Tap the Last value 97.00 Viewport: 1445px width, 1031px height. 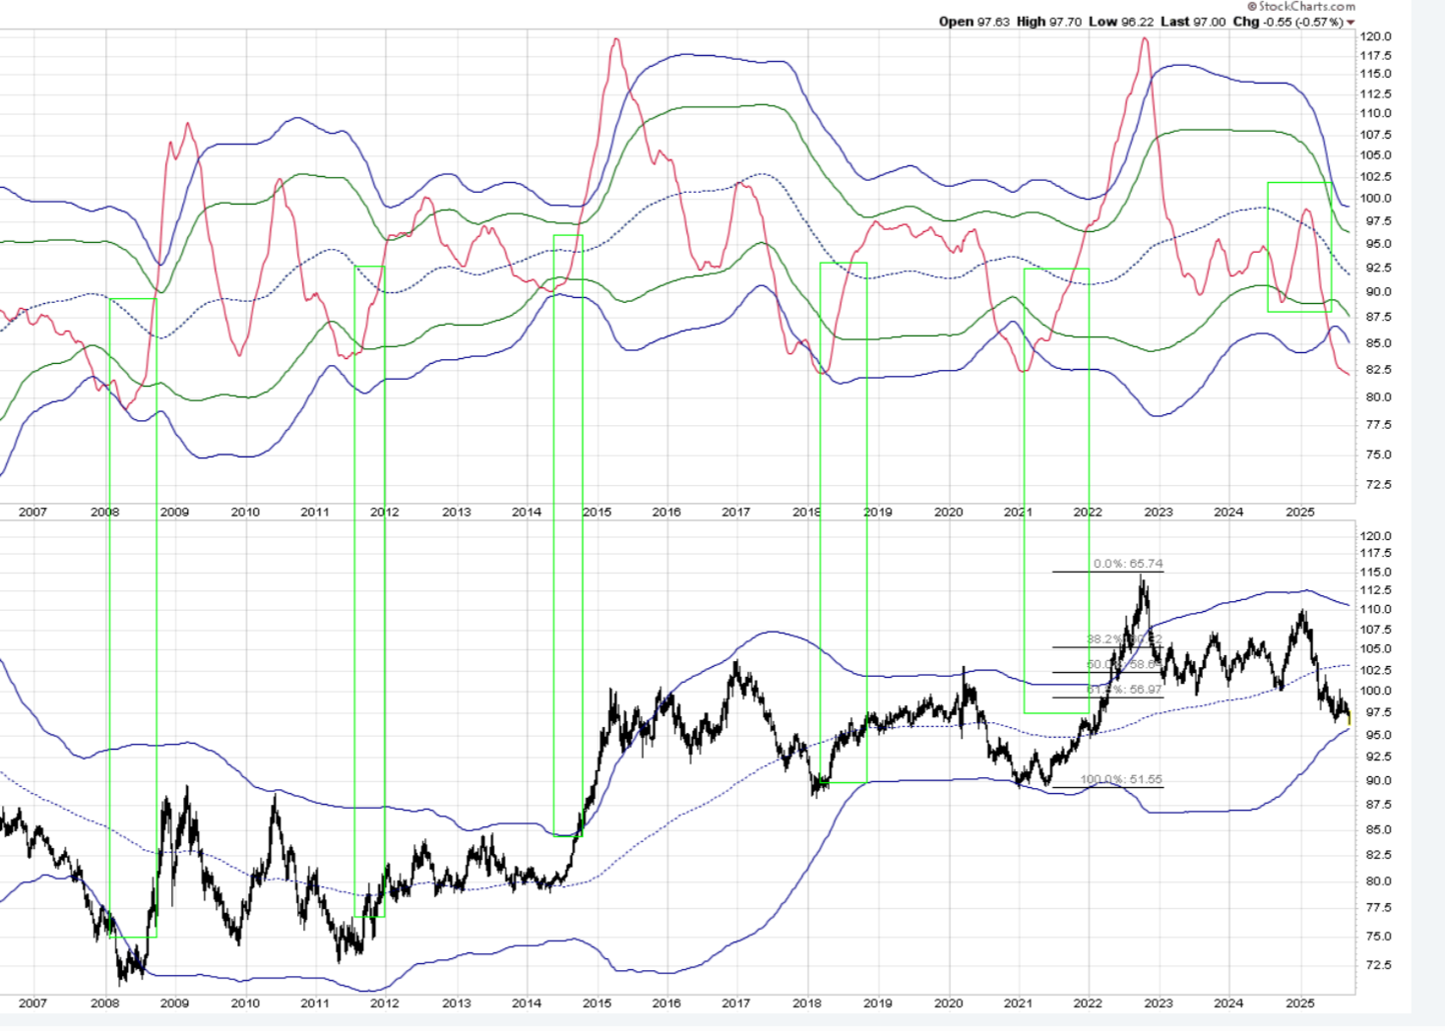point(1209,22)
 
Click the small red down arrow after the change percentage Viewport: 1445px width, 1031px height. point(1351,23)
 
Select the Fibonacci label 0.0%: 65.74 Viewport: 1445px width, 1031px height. point(1127,564)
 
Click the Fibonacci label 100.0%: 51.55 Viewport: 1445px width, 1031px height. point(1121,779)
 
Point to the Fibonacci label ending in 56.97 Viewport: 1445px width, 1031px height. point(1124,690)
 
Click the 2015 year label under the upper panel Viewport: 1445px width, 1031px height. point(597,512)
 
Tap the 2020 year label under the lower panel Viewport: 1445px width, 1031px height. point(948,1002)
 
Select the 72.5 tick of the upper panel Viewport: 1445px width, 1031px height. point(1376,484)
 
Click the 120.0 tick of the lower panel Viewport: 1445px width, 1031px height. point(1376,536)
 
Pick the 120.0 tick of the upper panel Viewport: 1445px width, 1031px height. point(1376,36)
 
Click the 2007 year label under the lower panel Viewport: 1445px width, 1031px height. point(32,1002)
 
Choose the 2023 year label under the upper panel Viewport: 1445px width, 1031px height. point(1159,512)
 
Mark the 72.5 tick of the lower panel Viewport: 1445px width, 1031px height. point(1376,965)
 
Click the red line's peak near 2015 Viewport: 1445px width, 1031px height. point(616,40)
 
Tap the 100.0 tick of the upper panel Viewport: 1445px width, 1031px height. point(1376,198)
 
